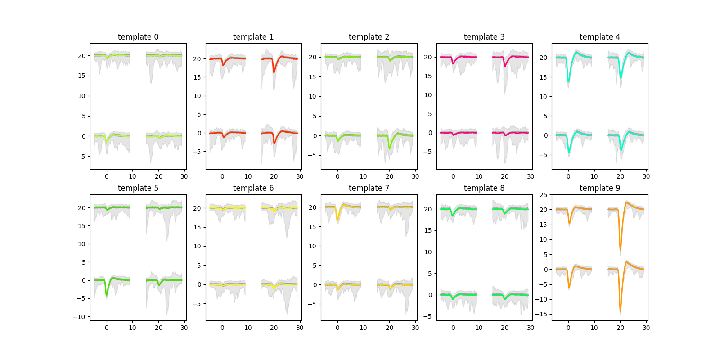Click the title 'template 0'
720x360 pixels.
click(x=138, y=37)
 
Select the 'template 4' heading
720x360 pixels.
click(x=599, y=37)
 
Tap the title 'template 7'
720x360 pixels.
click(x=369, y=188)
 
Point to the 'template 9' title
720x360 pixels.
click(x=599, y=188)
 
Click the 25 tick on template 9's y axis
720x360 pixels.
click(x=543, y=195)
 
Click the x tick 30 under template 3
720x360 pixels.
click(x=531, y=176)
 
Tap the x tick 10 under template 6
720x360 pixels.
click(x=248, y=328)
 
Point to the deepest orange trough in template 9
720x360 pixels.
click(x=620, y=310)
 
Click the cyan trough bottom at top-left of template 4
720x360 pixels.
click(x=568, y=81)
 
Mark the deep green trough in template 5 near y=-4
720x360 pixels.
click(x=107, y=295)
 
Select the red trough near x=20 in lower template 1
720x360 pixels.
click(x=274, y=144)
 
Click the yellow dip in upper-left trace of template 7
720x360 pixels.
click(x=337, y=220)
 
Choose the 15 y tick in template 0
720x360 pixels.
click(x=81, y=76)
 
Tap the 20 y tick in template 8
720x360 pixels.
click(x=428, y=209)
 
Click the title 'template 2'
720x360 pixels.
click(x=369, y=37)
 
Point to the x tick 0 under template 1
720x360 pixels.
click(x=222, y=176)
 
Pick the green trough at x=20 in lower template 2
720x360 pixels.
click(x=390, y=148)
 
